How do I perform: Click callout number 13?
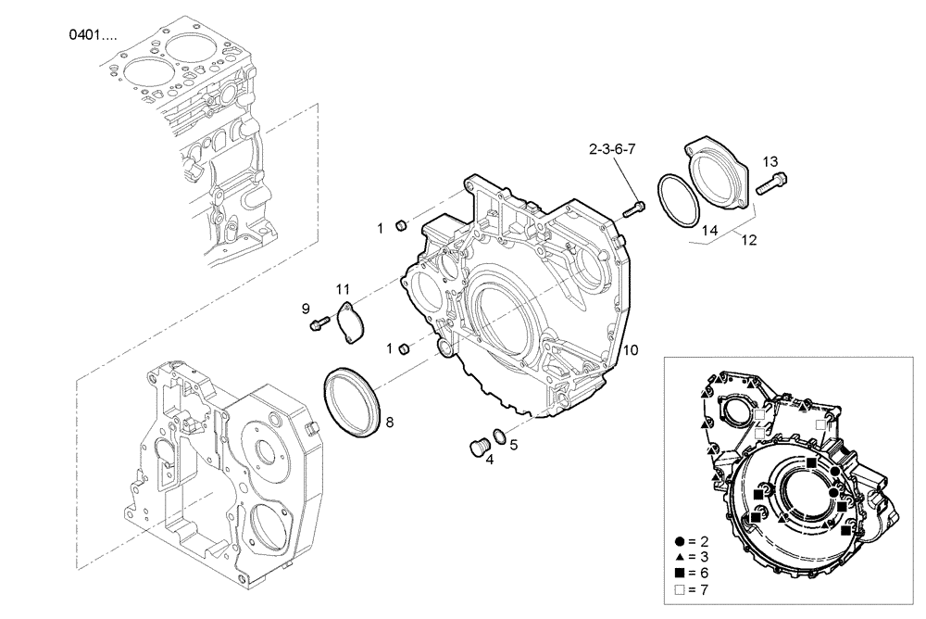pyautogui.click(x=771, y=161)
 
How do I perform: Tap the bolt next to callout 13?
pyautogui.click(x=770, y=184)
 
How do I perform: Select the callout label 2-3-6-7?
pyautogui.click(x=611, y=148)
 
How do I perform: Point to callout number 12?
pyautogui.click(x=747, y=240)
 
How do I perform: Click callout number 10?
pyautogui.click(x=630, y=350)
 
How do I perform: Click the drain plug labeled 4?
pyautogui.click(x=479, y=447)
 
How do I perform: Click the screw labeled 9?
pyautogui.click(x=319, y=322)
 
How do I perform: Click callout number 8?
pyautogui.click(x=389, y=423)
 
